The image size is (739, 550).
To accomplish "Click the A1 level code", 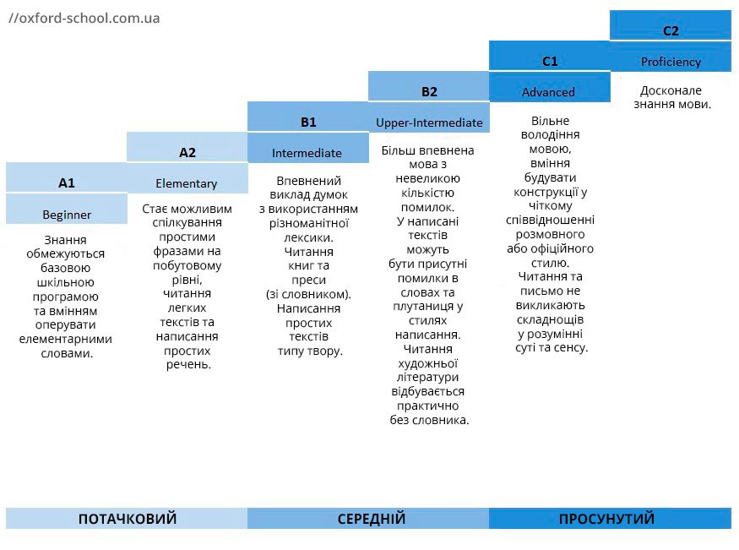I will point(67,182).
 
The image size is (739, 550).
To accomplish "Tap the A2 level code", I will point(187,152).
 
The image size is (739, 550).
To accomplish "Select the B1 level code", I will point(308,122).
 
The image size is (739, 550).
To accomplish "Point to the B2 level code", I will point(429,91).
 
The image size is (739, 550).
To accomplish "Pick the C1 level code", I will point(550,61).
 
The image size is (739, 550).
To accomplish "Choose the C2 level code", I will point(671,30).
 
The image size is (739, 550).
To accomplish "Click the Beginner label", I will point(67,214).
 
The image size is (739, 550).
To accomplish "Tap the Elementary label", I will point(187,183).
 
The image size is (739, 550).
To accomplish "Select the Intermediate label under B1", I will point(307,153).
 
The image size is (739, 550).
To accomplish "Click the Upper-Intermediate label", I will point(429,123).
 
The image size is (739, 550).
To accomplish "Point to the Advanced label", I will point(548,92).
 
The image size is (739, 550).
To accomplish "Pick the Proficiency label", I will point(671,62).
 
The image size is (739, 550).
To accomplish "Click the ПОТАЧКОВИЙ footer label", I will point(128,519).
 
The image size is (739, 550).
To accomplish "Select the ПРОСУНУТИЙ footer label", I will point(607,519).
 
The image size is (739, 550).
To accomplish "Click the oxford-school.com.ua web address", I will point(84,18).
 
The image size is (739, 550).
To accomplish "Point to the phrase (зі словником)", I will point(308,294).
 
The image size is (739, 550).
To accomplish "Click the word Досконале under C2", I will point(671,90).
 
